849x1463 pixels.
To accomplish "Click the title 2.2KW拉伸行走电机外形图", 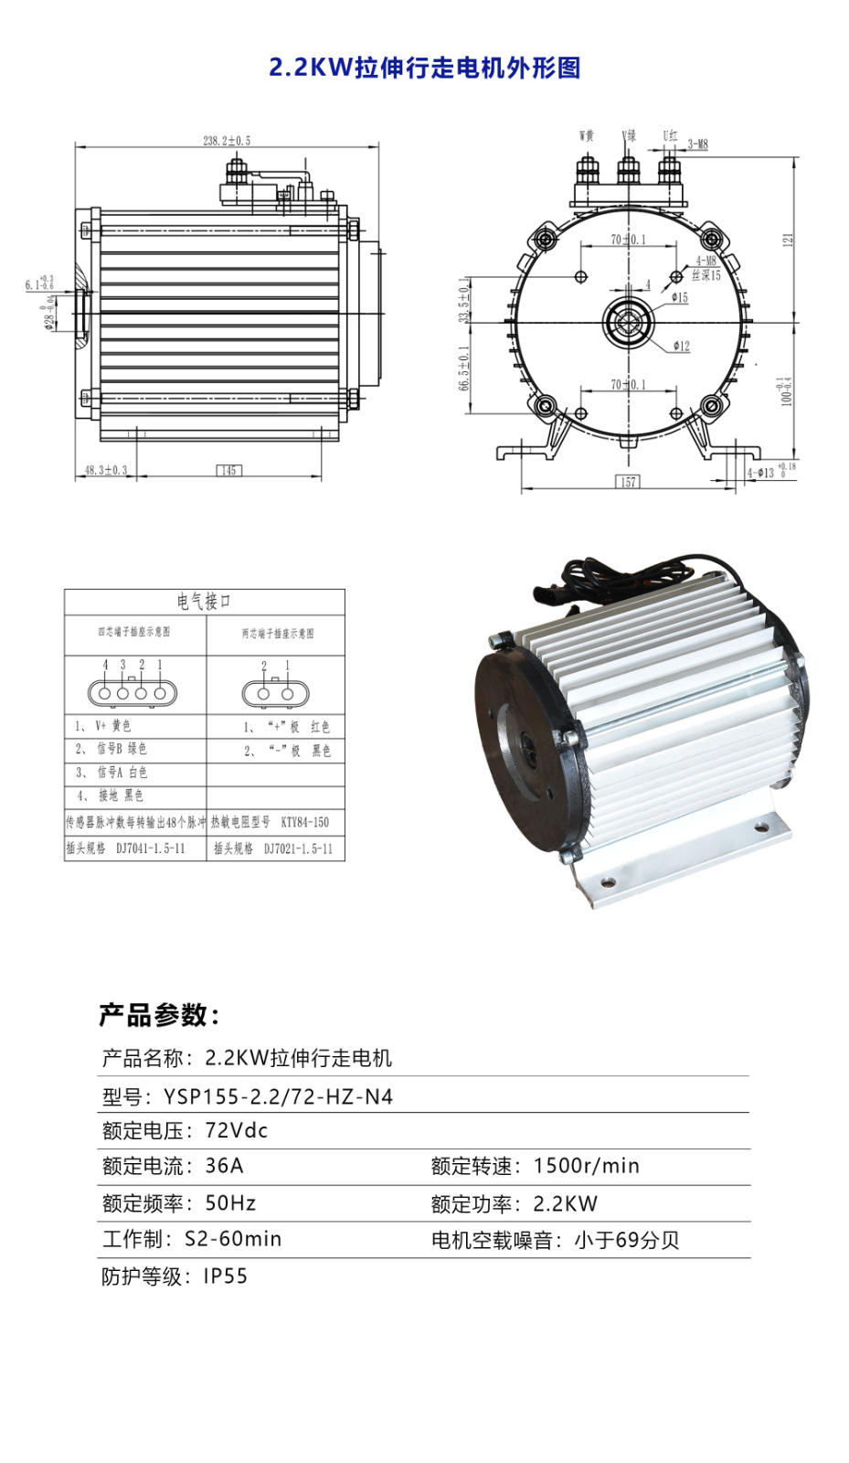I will (424, 68).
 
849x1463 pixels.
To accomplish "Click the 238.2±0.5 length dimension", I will (227, 141).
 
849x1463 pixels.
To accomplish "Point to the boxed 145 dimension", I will (228, 470).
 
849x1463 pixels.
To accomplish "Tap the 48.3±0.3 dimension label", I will (106, 470).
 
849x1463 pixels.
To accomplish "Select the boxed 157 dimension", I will (628, 482).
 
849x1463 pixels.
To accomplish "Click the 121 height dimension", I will (788, 240).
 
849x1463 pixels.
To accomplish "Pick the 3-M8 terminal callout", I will (697, 144).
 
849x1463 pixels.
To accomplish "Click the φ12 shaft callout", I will (682, 346).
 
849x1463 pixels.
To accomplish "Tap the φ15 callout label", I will (679, 297).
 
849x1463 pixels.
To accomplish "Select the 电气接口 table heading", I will (204, 601).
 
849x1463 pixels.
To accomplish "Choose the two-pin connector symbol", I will (275, 693).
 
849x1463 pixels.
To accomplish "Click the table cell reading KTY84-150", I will (304, 822).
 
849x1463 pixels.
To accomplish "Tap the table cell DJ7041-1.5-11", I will (150, 849).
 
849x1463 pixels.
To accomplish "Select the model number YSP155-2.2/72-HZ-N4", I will (278, 1096).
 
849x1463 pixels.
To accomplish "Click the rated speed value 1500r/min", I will (586, 1166).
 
